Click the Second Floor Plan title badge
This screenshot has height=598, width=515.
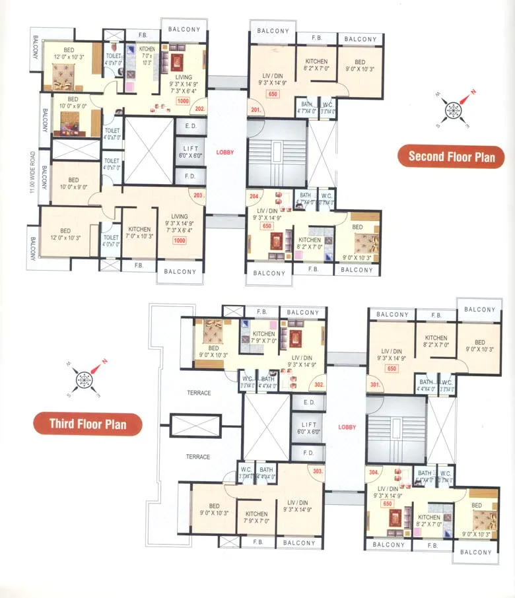pyautogui.click(x=452, y=156)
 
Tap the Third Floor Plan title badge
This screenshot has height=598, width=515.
pyautogui.click(x=88, y=424)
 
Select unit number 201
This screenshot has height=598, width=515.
pyautogui.click(x=256, y=110)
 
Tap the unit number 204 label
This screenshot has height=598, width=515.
pyautogui.click(x=254, y=195)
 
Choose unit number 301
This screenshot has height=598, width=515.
pyautogui.click(x=374, y=384)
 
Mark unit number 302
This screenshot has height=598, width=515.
pyautogui.click(x=319, y=385)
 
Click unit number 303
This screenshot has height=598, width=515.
pyautogui.click(x=317, y=471)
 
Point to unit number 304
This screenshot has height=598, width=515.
pyautogui.click(x=374, y=473)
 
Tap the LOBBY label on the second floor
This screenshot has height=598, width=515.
pyautogui.click(x=224, y=152)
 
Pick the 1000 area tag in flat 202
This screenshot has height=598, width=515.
pyautogui.click(x=183, y=101)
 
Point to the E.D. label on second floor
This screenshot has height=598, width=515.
pyautogui.click(x=191, y=125)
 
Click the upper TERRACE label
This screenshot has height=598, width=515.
pyautogui.click(x=198, y=393)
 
